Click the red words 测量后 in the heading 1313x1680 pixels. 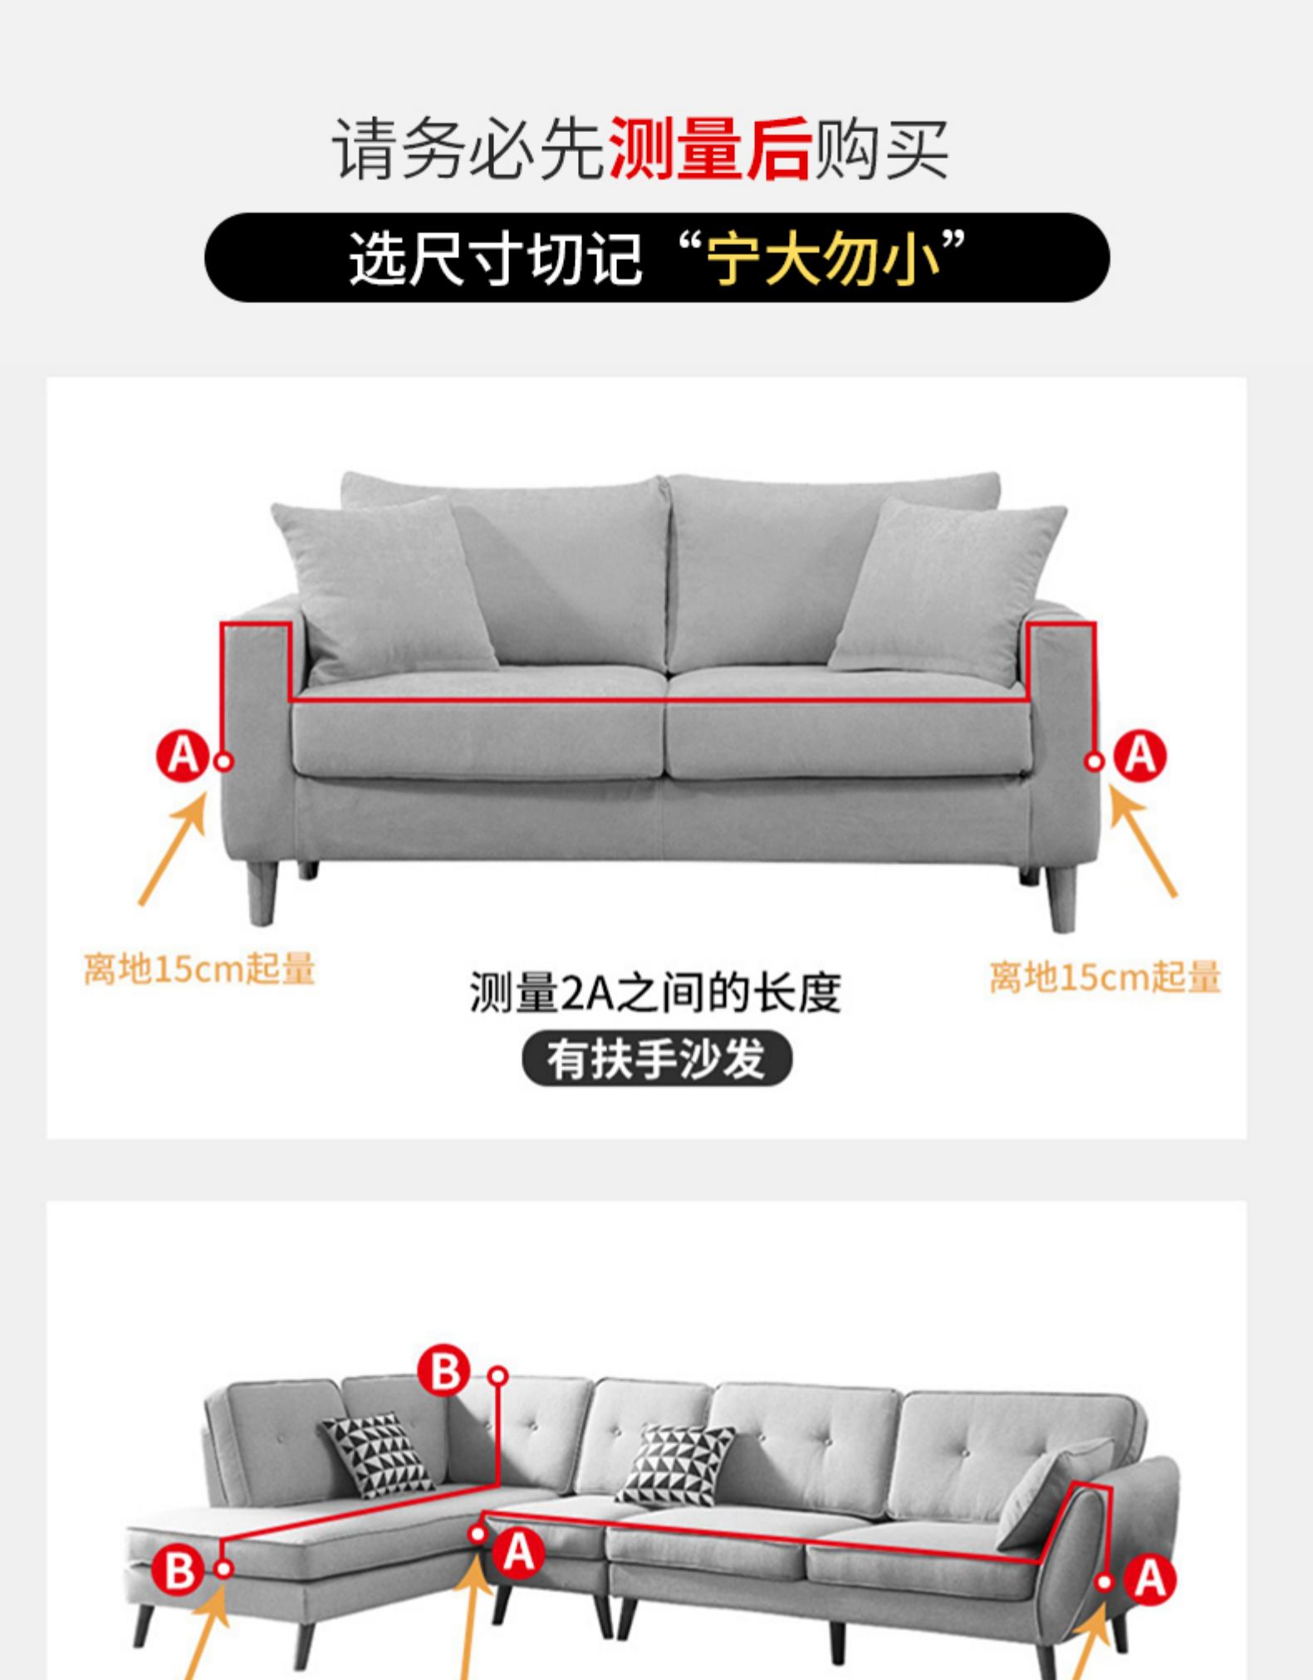point(710,149)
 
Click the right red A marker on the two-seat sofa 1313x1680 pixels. point(1140,757)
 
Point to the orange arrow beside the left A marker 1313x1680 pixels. point(173,848)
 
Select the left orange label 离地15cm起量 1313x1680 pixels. point(200,969)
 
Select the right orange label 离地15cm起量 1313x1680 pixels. point(1105,977)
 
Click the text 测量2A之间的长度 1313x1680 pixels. point(655,992)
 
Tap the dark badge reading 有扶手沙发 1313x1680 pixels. point(657,1059)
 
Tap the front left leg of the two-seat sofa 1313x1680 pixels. point(262,893)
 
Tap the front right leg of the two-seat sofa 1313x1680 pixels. point(1062,899)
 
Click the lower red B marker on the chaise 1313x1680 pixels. point(179,1570)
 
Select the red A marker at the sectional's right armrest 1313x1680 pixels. point(1150,1578)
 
